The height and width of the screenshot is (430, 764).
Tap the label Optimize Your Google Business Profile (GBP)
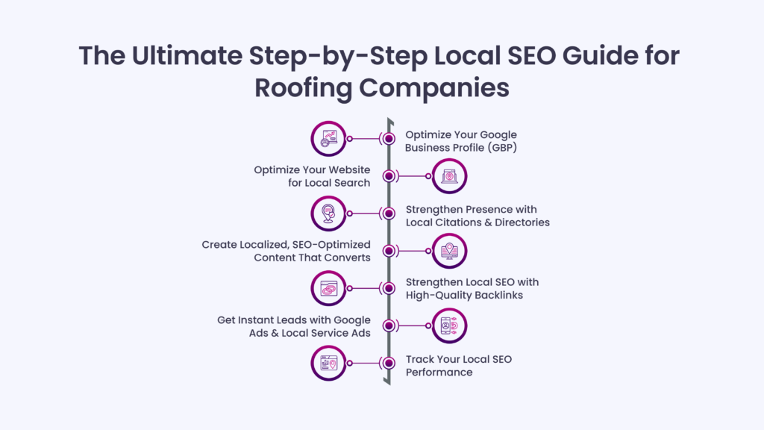point(460,140)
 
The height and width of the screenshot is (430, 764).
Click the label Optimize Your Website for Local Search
point(312,176)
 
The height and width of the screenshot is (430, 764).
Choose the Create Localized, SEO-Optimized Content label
point(286,250)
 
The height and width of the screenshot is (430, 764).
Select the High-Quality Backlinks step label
point(472,288)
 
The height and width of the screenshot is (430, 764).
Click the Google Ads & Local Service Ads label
point(294,325)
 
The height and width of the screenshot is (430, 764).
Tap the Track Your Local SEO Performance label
point(458,365)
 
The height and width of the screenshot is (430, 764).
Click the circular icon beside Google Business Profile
point(328,139)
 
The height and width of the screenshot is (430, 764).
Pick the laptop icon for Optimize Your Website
point(449,176)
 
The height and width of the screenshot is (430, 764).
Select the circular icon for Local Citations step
point(328,214)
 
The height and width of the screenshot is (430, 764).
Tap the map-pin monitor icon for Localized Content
point(449,251)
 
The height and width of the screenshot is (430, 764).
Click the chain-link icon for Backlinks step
point(328,288)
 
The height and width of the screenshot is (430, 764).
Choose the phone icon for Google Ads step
point(449,325)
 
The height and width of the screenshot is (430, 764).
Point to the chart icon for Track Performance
point(328,364)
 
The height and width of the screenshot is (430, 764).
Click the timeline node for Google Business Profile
point(389,139)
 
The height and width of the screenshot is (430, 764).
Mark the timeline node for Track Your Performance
point(389,364)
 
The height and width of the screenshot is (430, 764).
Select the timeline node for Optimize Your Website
point(389,176)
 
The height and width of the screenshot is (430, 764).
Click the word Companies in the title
point(436,87)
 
